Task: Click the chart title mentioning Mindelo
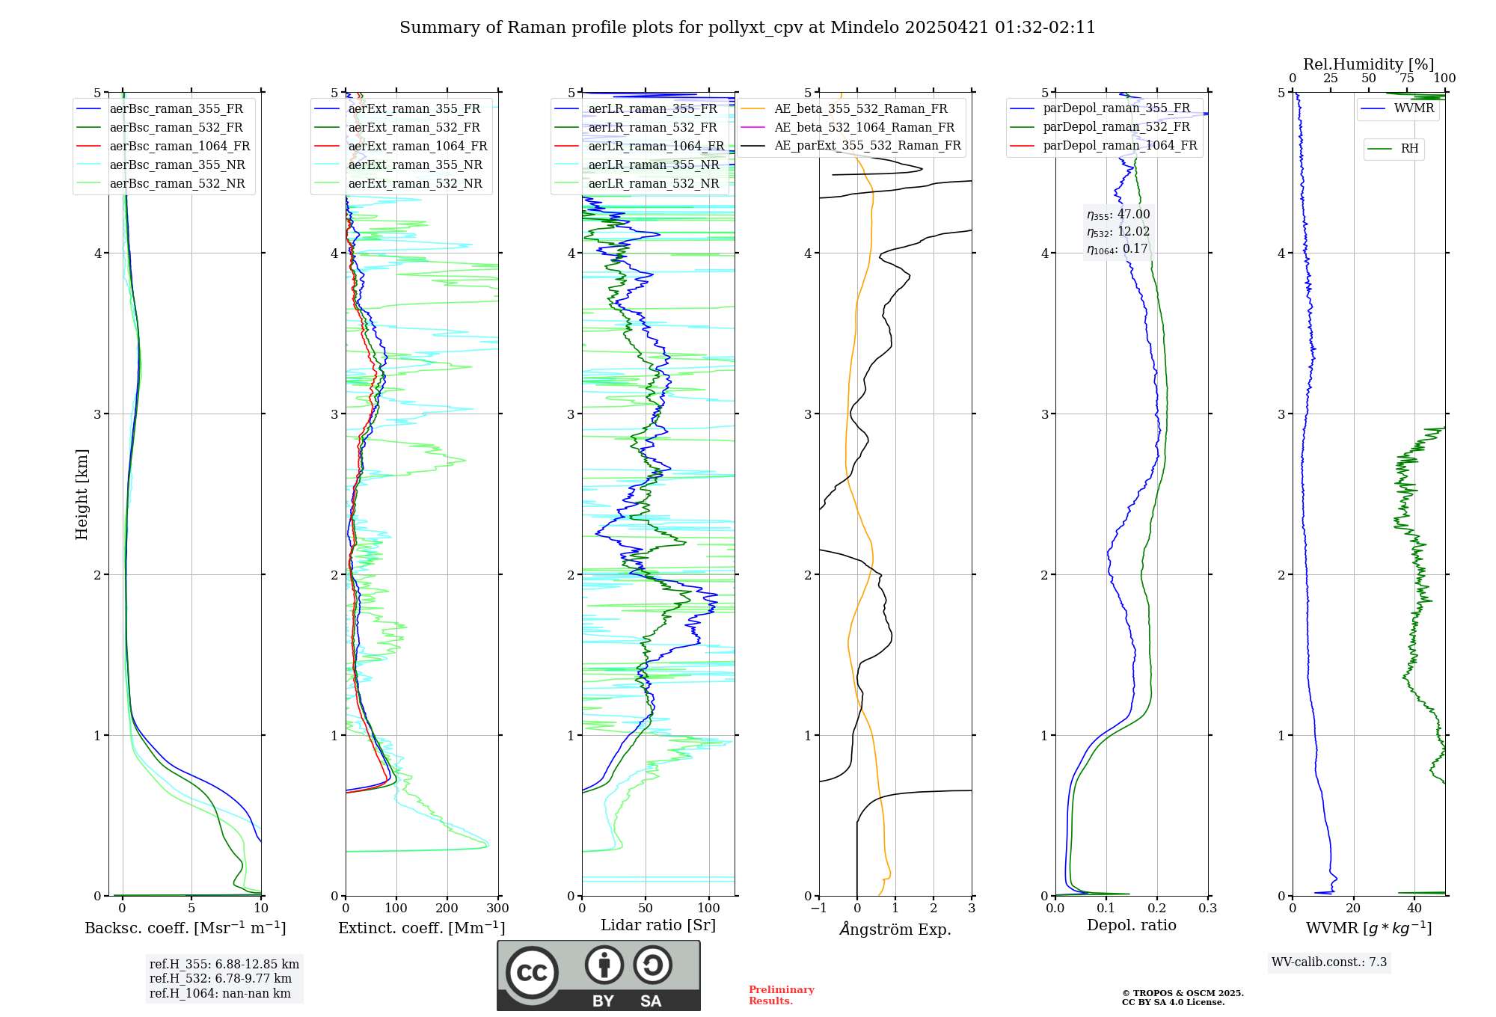click(747, 28)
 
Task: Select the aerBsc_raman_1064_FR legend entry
click(180, 147)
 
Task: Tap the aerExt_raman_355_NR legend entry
click(415, 165)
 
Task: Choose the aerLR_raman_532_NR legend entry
click(653, 184)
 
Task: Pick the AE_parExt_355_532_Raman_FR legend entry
click(867, 146)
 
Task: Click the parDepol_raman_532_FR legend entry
click(1116, 127)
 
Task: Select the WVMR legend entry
click(1414, 108)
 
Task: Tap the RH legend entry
click(1409, 149)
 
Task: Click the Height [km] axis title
click(82, 494)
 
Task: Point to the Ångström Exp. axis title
click(895, 930)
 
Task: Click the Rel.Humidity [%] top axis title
click(1368, 64)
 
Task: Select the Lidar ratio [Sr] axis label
click(657, 925)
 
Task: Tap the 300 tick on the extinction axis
click(497, 909)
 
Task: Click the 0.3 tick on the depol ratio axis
click(1207, 909)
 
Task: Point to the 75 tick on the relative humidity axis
click(1406, 79)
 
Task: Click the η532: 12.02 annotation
click(1118, 232)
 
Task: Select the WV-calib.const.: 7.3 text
click(1328, 962)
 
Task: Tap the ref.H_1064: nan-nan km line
click(220, 994)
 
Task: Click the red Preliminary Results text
click(781, 995)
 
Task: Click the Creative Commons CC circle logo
click(532, 973)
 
